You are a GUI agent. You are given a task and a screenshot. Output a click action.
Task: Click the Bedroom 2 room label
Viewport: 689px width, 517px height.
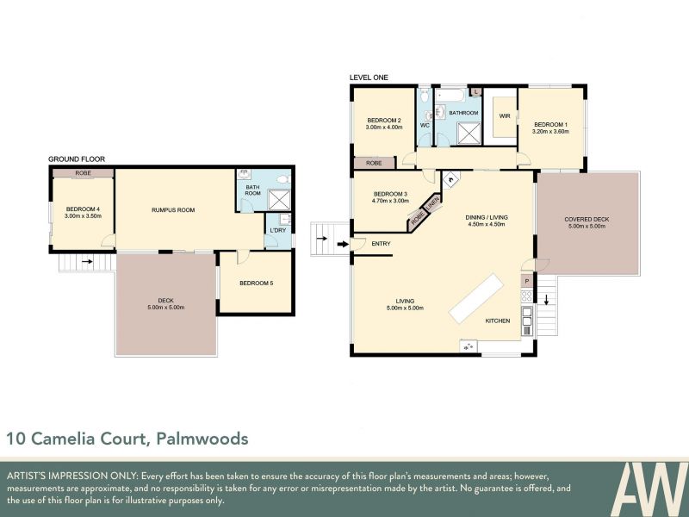point(384,120)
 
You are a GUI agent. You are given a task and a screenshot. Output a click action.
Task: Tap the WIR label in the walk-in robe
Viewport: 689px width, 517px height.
point(505,116)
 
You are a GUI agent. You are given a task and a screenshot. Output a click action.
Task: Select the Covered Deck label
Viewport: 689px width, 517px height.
point(587,219)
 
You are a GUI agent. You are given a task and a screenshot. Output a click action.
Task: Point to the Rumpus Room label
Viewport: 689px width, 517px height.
point(173,209)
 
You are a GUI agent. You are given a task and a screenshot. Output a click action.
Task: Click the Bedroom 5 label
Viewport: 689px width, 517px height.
point(256,283)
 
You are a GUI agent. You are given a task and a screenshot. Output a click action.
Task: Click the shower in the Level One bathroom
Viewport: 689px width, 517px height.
point(469,134)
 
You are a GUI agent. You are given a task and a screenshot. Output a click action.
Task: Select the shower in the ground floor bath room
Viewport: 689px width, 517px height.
point(279,200)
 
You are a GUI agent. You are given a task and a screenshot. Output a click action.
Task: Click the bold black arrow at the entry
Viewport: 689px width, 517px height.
point(342,244)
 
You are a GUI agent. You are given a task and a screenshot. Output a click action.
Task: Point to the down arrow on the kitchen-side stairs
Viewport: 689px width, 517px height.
point(546,300)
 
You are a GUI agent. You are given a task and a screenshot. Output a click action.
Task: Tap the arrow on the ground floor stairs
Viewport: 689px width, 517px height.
point(87,262)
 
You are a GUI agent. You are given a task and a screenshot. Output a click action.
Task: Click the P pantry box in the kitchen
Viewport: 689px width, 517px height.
point(527,282)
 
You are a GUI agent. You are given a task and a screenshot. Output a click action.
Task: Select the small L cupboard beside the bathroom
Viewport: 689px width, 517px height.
point(476,91)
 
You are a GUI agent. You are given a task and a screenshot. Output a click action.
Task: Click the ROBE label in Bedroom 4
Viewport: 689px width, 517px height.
point(83,173)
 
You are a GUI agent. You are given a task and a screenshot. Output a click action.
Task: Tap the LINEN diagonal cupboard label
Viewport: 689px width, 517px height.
point(432,203)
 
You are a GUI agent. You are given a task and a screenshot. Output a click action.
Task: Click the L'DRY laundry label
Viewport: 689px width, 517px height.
point(277,230)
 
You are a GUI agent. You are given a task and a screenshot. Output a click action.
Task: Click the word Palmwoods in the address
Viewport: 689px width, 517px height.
point(202,439)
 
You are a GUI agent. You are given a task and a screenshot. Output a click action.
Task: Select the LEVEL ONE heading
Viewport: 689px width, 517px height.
point(369,78)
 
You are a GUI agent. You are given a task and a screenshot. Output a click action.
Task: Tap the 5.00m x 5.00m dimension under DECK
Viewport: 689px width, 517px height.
point(165,308)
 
